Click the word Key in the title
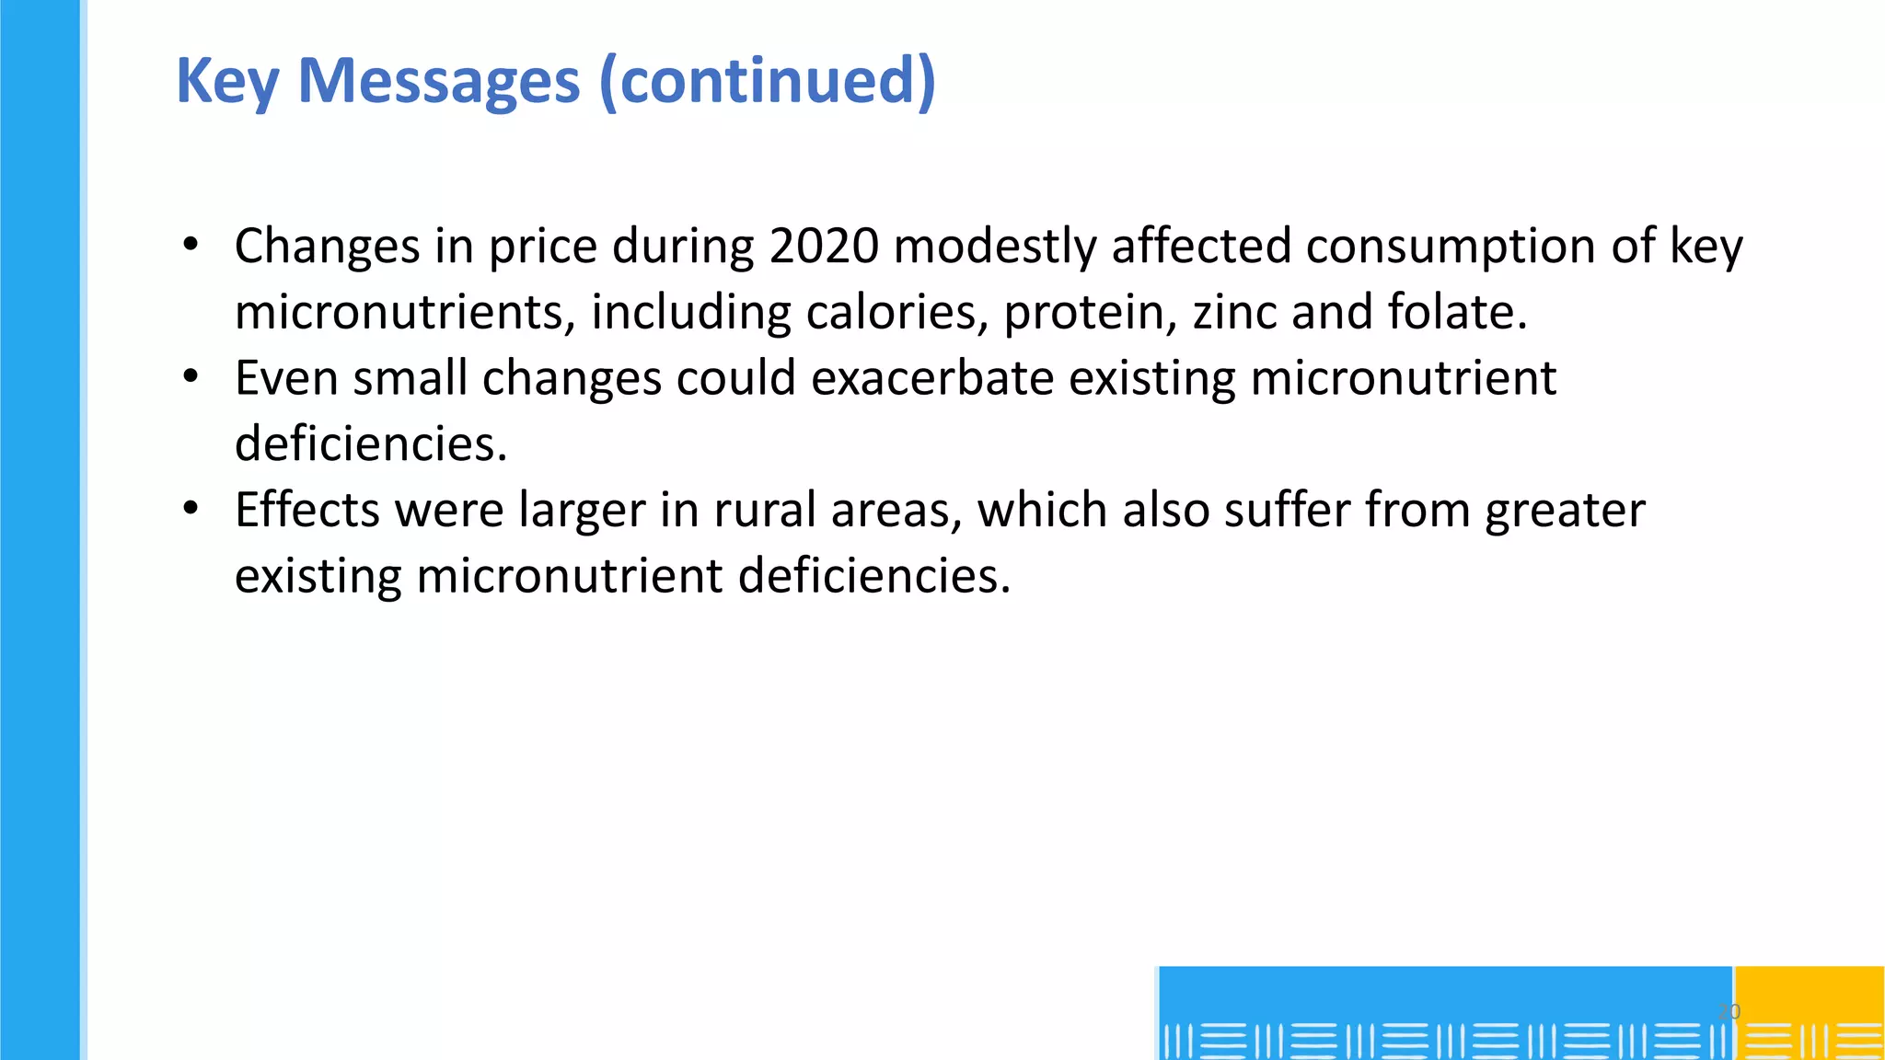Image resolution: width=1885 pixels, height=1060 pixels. [x=226, y=81]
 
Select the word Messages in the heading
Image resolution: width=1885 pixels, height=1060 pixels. [x=439, y=81]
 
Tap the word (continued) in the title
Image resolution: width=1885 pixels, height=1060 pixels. [x=767, y=81]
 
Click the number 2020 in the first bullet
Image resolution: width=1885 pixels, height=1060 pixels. [x=824, y=247]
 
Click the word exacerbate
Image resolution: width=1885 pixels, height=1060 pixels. [x=932, y=378]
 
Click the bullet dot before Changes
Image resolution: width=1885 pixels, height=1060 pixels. [x=191, y=245]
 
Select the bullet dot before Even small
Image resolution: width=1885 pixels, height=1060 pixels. [x=191, y=377]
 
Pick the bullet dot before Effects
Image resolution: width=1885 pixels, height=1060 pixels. [x=191, y=509]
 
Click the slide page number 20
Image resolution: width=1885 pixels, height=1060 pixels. [x=1729, y=1011]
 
